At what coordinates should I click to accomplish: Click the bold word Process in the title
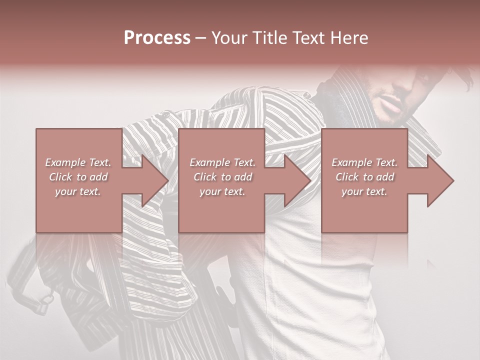point(157,37)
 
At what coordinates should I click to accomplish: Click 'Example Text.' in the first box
point(78,162)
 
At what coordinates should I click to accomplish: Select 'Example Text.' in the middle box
point(222,162)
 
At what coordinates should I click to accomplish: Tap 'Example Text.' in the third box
point(364,162)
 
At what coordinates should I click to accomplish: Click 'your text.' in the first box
point(78,191)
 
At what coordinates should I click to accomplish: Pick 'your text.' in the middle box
point(222,191)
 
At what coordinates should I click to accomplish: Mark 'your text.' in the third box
point(364,191)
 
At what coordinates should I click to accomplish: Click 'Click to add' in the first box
point(78,177)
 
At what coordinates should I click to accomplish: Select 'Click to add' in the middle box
point(222,177)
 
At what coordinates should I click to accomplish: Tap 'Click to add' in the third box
point(364,177)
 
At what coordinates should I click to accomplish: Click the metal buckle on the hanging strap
point(46,298)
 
